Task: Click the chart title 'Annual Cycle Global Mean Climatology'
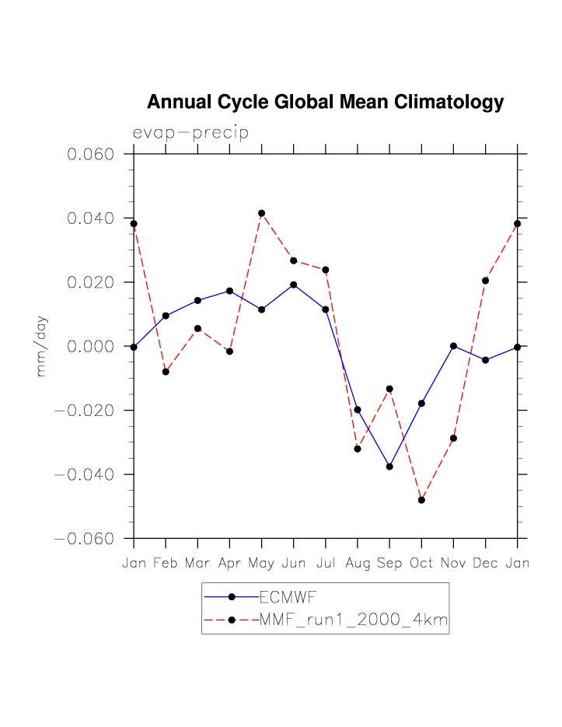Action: click(325, 102)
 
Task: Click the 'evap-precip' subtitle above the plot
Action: click(190, 133)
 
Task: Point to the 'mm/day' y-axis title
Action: click(41, 346)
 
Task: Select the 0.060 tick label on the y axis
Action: click(91, 154)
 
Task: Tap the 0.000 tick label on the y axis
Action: click(91, 346)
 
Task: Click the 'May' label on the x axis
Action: click(261, 563)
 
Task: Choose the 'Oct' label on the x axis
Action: click(421, 563)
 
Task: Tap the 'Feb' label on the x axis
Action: click(166, 563)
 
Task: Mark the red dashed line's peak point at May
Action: click(262, 213)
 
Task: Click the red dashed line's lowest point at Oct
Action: click(421, 500)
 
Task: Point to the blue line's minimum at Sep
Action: click(389, 467)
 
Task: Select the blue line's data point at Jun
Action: click(293, 285)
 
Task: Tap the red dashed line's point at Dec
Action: click(485, 281)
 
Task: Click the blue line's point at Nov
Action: click(453, 346)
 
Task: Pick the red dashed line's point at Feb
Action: click(166, 372)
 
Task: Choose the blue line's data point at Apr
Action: click(229, 291)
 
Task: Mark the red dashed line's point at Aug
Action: click(358, 449)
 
